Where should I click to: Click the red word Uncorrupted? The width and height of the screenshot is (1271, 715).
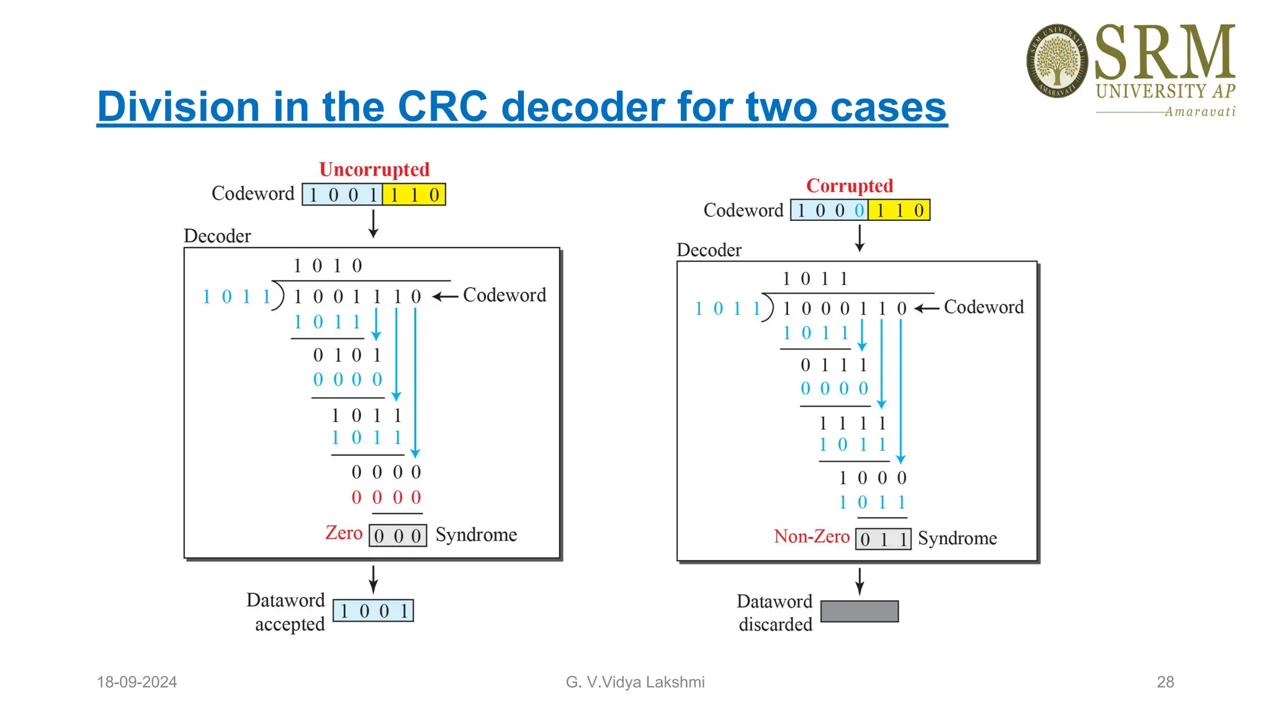tap(374, 169)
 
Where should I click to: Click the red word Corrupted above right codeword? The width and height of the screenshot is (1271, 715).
tap(849, 186)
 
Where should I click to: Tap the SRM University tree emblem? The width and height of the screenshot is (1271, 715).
tap(1056, 61)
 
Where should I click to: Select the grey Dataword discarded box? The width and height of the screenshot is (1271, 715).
tap(859, 611)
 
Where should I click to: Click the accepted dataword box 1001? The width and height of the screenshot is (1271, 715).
tap(373, 611)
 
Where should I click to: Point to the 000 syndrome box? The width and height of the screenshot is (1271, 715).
tap(398, 536)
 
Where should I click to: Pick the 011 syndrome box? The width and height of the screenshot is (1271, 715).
tap(883, 539)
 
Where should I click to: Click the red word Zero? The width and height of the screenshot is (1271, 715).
tap(344, 533)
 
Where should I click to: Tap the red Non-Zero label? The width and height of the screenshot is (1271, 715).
tap(811, 536)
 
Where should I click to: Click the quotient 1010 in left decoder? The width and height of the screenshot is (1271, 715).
tap(327, 266)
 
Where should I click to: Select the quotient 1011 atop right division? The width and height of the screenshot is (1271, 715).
tap(815, 279)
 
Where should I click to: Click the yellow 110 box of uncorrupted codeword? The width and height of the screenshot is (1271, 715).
tap(414, 195)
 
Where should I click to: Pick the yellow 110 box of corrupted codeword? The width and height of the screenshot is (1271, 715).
tap(899, 210)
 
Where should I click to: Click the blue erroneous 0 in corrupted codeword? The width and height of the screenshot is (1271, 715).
tap(859, 210)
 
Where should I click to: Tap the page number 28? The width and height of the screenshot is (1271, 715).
tap(1165, 682)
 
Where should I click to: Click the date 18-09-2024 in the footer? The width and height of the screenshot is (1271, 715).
tap(137, 682)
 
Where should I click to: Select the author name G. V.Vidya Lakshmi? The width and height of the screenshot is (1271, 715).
tap(635, 682)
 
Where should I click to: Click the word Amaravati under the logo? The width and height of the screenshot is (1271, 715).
tap(1200, 112)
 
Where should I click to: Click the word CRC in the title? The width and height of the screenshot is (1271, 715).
tap(442, 107)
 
